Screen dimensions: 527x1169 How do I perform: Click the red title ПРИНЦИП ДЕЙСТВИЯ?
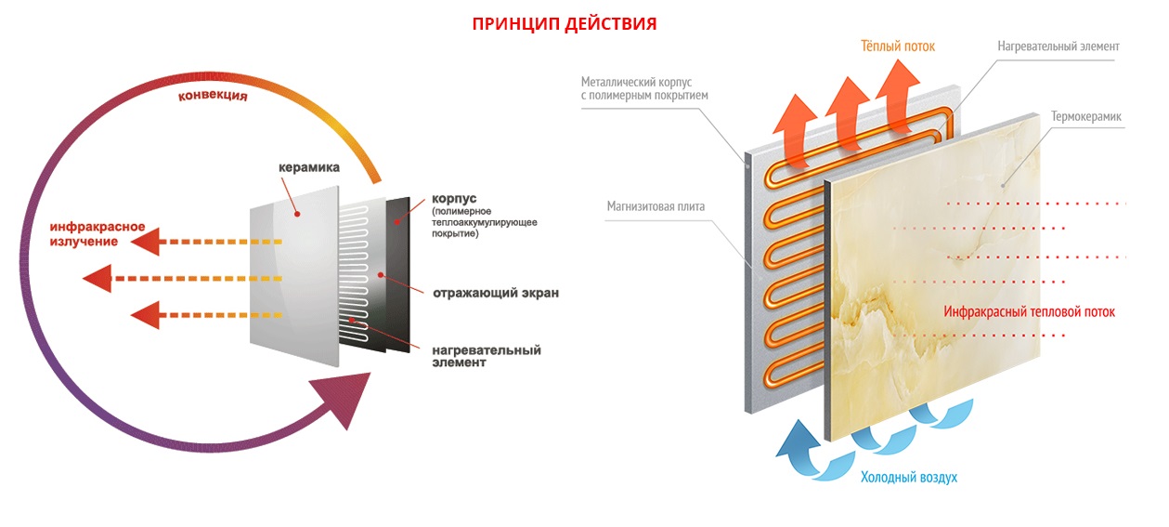(x=564, y=24)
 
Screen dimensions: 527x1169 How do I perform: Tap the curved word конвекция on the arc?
(x=213, y=96)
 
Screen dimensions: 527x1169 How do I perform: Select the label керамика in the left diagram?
(x=309, y=168)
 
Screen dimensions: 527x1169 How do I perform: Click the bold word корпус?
(x=454, y=200)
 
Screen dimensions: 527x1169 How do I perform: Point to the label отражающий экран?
(x=496, y=294)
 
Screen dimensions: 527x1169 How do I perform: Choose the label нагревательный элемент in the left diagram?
(x=486, y=356)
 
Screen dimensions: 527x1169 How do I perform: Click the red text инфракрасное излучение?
(x=85, y=234)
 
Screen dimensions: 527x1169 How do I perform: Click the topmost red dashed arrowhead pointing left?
(x=145, y=243)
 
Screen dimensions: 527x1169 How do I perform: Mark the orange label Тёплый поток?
(x=897, y=46)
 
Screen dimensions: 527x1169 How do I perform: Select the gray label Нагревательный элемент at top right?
(x=1059, y=46)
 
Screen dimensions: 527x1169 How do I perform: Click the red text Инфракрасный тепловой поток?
(x=1029, y=312)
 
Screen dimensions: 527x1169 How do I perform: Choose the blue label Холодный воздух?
(x=908, y=477)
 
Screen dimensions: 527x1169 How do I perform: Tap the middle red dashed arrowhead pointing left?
(x=97, y=278)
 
